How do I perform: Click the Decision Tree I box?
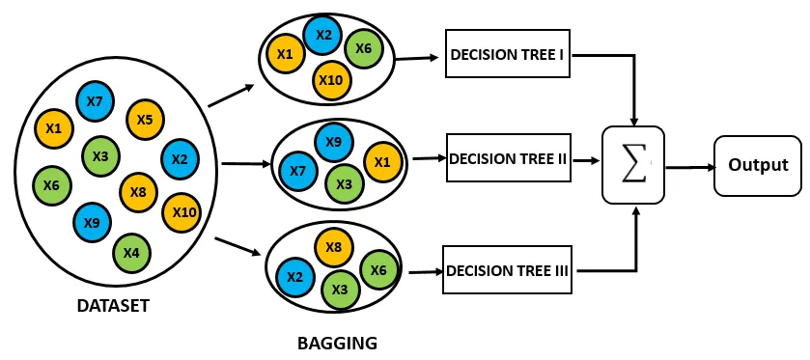tap(507, 54)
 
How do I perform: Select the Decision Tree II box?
tap(509, 157)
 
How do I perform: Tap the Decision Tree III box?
tap(507, 270)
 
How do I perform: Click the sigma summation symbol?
tap(634, 165)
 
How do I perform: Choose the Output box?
tap(758, 165)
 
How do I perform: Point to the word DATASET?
tap(113, 306)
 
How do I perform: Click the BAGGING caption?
tap(337, 343)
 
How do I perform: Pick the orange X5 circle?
tap(145, 120)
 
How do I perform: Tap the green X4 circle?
tap(131, 253)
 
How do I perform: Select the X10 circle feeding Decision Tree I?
tap(332, 80)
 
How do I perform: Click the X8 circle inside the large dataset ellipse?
tap(138, 193)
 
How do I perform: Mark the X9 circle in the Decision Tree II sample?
tap(334, 141)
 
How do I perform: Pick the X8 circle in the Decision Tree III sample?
tap(334, 247)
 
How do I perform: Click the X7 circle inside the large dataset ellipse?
tap(95, 101)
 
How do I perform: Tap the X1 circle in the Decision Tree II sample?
tap(382, 163)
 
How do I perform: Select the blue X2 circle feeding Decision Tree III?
tap(294, 277)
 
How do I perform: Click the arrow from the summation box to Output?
tap(690, 167)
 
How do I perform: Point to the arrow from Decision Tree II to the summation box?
tap(585, 160)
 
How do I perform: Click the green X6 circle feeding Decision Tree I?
tap(364, 48)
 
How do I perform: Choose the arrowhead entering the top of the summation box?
tap(634, 121)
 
